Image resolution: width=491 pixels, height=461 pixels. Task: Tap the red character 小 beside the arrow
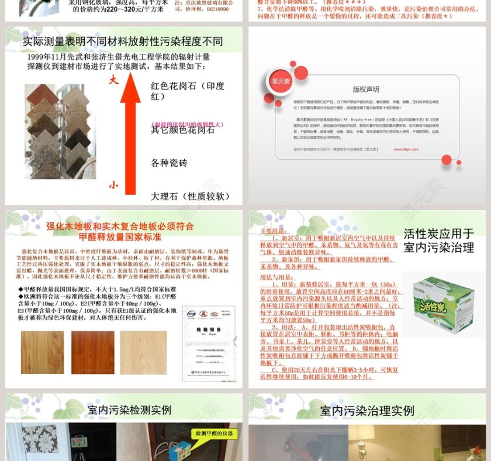coord(113,185)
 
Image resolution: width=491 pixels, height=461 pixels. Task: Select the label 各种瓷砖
coord(169,163)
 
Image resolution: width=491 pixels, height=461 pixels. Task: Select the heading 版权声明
coord(366,90)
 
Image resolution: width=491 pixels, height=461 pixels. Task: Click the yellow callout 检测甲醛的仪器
coord(214,434)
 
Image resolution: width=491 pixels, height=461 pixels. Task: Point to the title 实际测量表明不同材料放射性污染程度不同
coord(123,42)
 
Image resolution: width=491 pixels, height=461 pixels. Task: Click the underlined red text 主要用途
coord(271,230)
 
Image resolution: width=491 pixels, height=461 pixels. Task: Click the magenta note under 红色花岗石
coord(187,124)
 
